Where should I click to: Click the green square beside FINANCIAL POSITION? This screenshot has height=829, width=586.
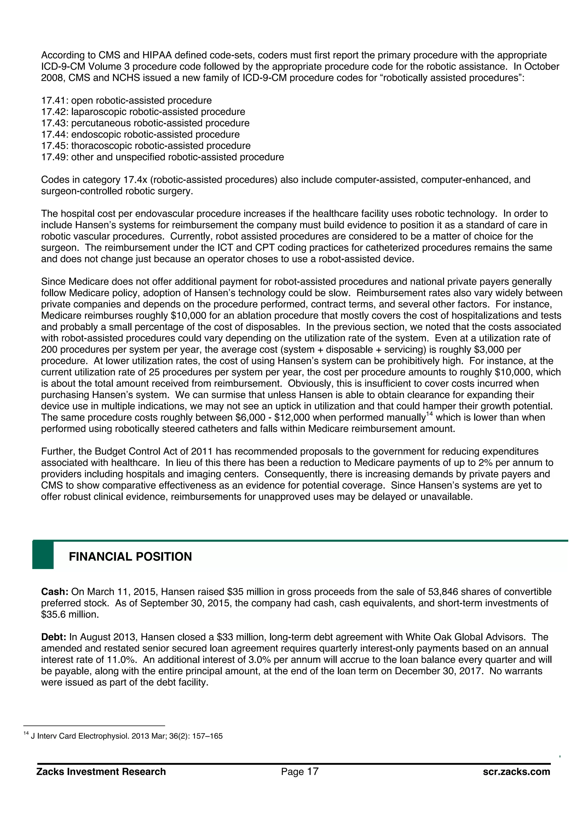[43, 555]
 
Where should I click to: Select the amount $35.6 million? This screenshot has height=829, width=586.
[70, 614]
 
